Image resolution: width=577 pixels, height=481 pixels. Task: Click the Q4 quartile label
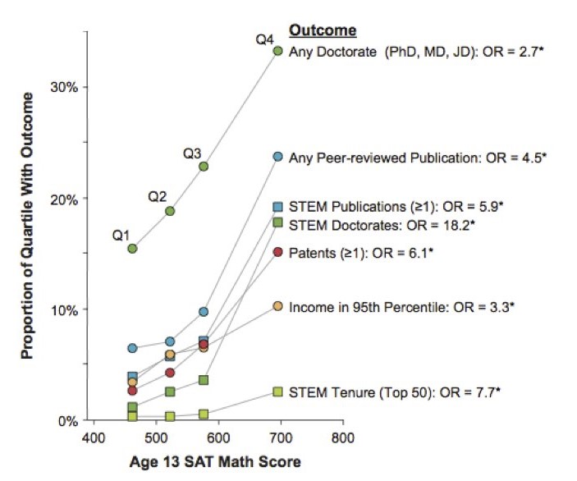pyautogui.click(x=264, y=38)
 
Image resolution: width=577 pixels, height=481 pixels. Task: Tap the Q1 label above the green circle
pyautogui.click(x=122, y=236)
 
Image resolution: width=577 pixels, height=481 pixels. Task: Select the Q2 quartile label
pyautogui.click(x=158, y=197)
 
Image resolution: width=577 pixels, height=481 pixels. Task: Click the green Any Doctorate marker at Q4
pyautogui.click(x=277, y=51)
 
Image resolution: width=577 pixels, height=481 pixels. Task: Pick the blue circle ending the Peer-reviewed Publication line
pyautogui.click(x=277, y=156)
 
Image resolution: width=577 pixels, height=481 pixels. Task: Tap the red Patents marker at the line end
pyautogui.click(x=277, y=252)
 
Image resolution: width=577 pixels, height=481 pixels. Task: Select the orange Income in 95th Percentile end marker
pyautogui.click(x=277, y=306)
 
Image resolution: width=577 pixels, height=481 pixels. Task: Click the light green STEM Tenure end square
pyautogui.click(x=277, y=392)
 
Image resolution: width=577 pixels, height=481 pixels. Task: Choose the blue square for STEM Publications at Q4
pyautogui.click(x=277, y=207)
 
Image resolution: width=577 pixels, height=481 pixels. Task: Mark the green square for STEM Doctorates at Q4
pyautogui.click(x=277, y=222)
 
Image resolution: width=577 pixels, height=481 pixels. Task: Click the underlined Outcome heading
pyautogui.click(x=323, y=30)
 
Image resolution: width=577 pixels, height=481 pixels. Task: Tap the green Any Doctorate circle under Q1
pyautogui.click(x=132, y=248)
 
